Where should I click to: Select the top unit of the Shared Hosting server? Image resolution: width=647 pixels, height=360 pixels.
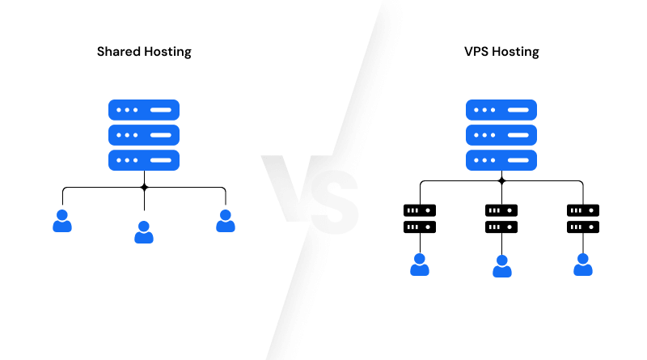144,109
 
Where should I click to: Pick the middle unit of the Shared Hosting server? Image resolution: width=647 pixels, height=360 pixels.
144,134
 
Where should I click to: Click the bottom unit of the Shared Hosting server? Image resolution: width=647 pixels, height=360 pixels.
144,159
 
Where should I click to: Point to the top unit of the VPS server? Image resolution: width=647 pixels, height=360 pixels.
501,109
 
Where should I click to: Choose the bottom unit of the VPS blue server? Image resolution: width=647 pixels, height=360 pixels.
501,159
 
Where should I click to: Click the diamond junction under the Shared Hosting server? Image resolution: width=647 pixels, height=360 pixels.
144,187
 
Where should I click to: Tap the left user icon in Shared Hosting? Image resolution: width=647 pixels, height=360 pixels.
62,221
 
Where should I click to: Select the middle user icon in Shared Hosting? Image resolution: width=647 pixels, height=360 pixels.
144,232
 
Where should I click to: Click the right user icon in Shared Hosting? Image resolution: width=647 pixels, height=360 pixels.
226,221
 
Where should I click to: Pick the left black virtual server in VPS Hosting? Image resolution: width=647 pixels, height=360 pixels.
419,218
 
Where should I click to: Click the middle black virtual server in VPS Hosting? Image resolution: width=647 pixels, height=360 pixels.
501,218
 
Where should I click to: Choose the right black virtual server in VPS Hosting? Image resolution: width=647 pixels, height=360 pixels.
583,218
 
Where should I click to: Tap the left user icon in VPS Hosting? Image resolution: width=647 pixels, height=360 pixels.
419,265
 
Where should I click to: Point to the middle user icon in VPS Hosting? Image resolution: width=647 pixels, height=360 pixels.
501,266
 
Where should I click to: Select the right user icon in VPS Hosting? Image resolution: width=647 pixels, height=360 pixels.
583,265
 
